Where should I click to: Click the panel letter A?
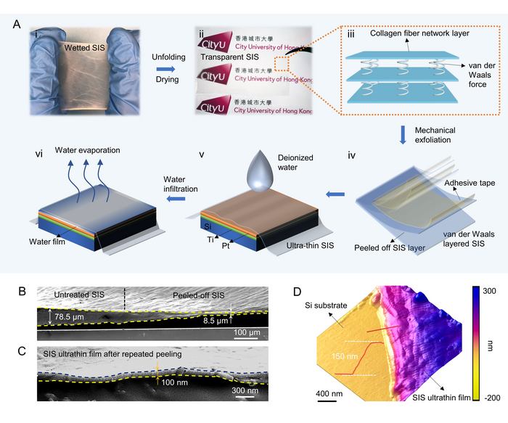coord(17,25)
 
